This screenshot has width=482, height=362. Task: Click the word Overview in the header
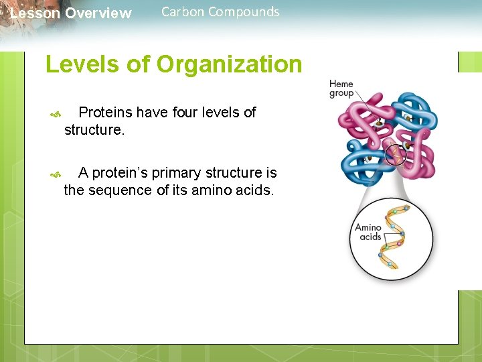(x=98, y=13)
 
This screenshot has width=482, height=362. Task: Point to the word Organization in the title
(x=229, y=65)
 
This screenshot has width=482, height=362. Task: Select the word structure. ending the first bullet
(x=94, y=130)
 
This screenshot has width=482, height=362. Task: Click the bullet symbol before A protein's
(x=56, y=175)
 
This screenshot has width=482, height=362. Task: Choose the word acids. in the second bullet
(x=254, y=190)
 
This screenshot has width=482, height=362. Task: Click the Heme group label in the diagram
(x=341, y=88)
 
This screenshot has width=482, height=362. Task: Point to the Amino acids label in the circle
(x=368, y=232)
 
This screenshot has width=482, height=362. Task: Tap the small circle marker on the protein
(x=396, y=155)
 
